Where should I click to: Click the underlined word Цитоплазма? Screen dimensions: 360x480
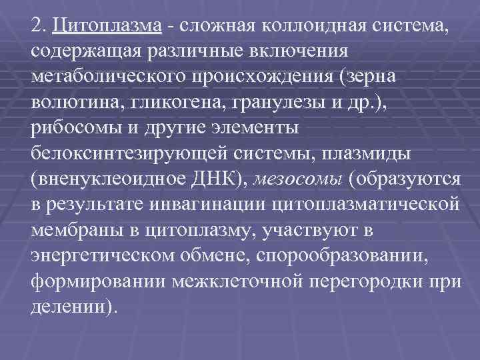[x=109, y=27]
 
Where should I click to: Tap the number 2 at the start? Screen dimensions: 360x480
[x=36, y=27]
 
